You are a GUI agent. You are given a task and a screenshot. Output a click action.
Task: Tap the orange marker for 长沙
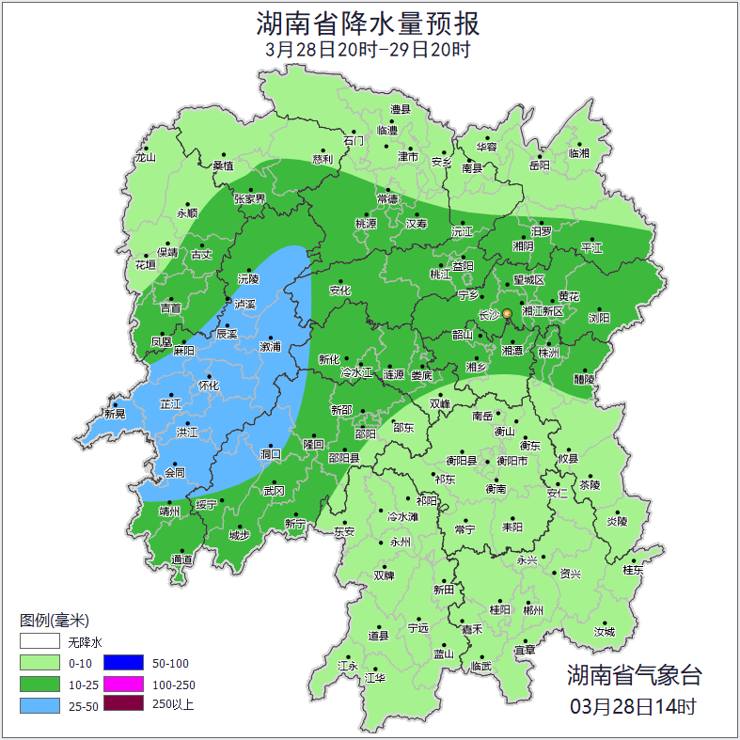(x=507, y=313)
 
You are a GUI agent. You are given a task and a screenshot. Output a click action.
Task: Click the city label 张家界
(x=250, y=199)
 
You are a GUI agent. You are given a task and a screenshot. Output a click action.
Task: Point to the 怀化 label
(x=208, y=386)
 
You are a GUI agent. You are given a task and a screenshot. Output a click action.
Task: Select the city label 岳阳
(x=538, y=165)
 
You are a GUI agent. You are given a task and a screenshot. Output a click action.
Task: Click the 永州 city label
(x=400, y=543)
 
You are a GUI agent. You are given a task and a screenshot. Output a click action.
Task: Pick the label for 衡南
(x=496, y=489)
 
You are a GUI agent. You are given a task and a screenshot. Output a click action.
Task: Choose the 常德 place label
(x=386, y=199)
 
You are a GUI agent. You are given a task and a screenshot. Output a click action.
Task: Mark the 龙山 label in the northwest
(x=145, y=158)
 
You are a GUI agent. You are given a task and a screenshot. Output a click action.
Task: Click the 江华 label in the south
(x=375, y=677)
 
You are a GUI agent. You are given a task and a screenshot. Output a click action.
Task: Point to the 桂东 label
(x=634, y=570)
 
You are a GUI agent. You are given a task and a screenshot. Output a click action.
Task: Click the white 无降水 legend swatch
(x=40, y=642)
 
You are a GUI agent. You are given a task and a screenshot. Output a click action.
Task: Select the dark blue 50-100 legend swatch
(x=122, y=663)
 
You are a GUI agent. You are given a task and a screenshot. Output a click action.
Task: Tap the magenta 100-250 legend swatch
(x=122, y=684)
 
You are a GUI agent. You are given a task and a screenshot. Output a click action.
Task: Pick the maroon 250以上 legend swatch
(x=122, y=704)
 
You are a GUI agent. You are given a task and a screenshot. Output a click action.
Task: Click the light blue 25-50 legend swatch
(x=40, y=704)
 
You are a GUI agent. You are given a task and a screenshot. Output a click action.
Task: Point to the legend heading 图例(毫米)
(x=54, y=621)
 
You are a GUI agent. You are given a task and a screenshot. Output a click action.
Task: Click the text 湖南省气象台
(x=634, y=674)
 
